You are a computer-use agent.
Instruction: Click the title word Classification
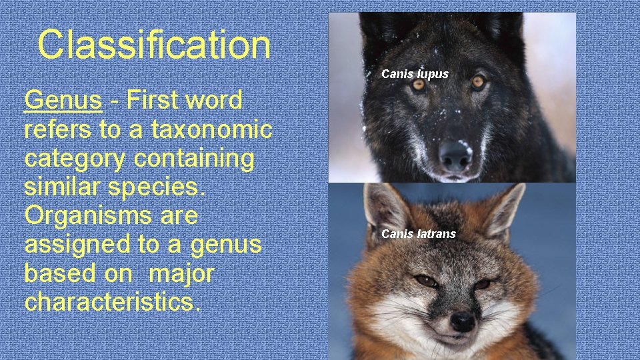[x=154, y=45]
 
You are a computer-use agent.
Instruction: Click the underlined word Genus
[x=63, y=101]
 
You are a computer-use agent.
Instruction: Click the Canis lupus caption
[x=415, y=74]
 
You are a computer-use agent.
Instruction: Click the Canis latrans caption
[x=419, y=234]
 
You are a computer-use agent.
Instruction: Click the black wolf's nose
[x=455, y=154]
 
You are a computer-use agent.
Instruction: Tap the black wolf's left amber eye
[x=418, y=85]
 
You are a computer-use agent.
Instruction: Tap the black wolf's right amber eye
[x=478, y=81]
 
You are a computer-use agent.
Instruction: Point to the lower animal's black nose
[x=462, y=321]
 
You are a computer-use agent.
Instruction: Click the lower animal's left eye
[x=424, y=281]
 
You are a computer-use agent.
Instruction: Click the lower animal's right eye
[x=482, y=283]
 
